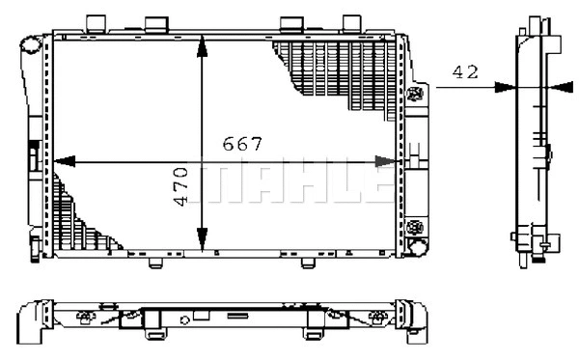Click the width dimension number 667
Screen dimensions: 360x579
point(242,145)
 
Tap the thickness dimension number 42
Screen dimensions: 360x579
point(466,70)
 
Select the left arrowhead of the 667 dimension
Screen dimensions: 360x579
point(62,160)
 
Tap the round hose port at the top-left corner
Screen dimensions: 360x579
point(32,44)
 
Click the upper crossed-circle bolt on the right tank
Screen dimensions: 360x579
point(417,94)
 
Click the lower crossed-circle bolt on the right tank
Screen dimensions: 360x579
point(417,228)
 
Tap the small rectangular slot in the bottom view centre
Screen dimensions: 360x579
point(200,315)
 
